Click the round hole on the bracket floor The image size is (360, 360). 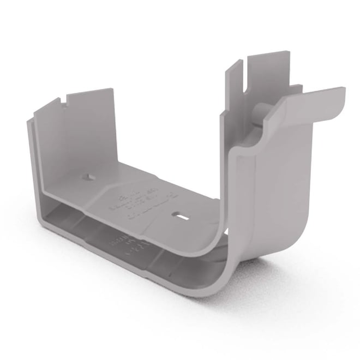pos(86,177)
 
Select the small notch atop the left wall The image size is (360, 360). pos(65,99)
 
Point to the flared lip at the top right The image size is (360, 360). pos(305,104)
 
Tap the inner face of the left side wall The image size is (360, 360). pos(82,136)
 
